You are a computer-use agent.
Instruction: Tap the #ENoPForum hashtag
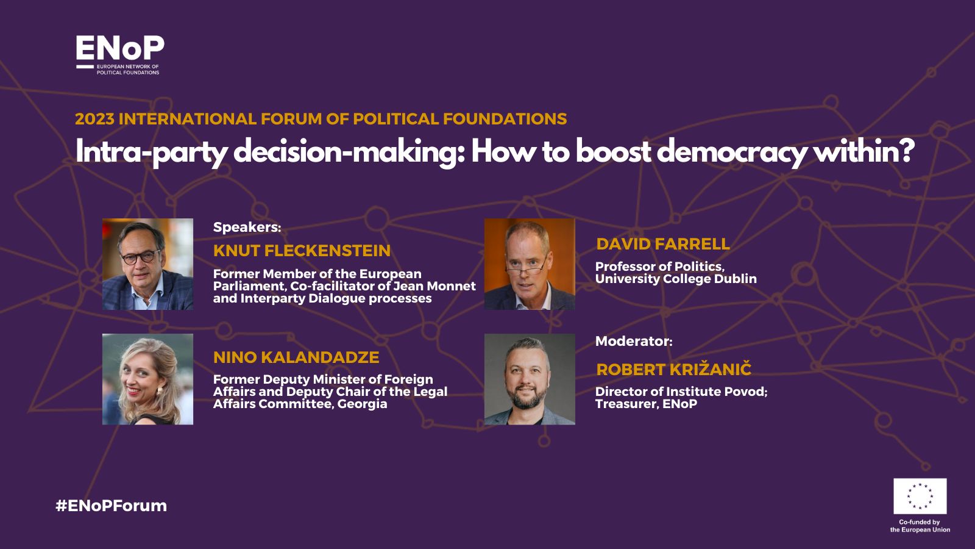tap(112, 506)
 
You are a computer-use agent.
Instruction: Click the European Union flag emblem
tap(920, 497)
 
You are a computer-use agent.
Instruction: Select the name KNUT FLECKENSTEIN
tap(302, 251)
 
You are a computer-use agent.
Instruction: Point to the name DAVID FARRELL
tap(663, 244)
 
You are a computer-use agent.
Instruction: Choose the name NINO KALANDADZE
tap(296, 357)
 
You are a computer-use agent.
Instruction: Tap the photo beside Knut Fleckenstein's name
tap(147, 264)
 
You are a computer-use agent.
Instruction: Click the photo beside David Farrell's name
tap(530, 264)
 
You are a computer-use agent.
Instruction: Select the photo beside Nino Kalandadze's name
tap(147, 379)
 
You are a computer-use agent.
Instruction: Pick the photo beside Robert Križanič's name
tap(530, 379)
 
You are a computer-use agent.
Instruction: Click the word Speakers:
tap(247, 228)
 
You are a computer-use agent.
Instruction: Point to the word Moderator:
tap(634, 341)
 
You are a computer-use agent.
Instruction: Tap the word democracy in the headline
tap(731, 152)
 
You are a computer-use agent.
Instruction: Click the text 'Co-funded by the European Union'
tap(920, 526)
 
